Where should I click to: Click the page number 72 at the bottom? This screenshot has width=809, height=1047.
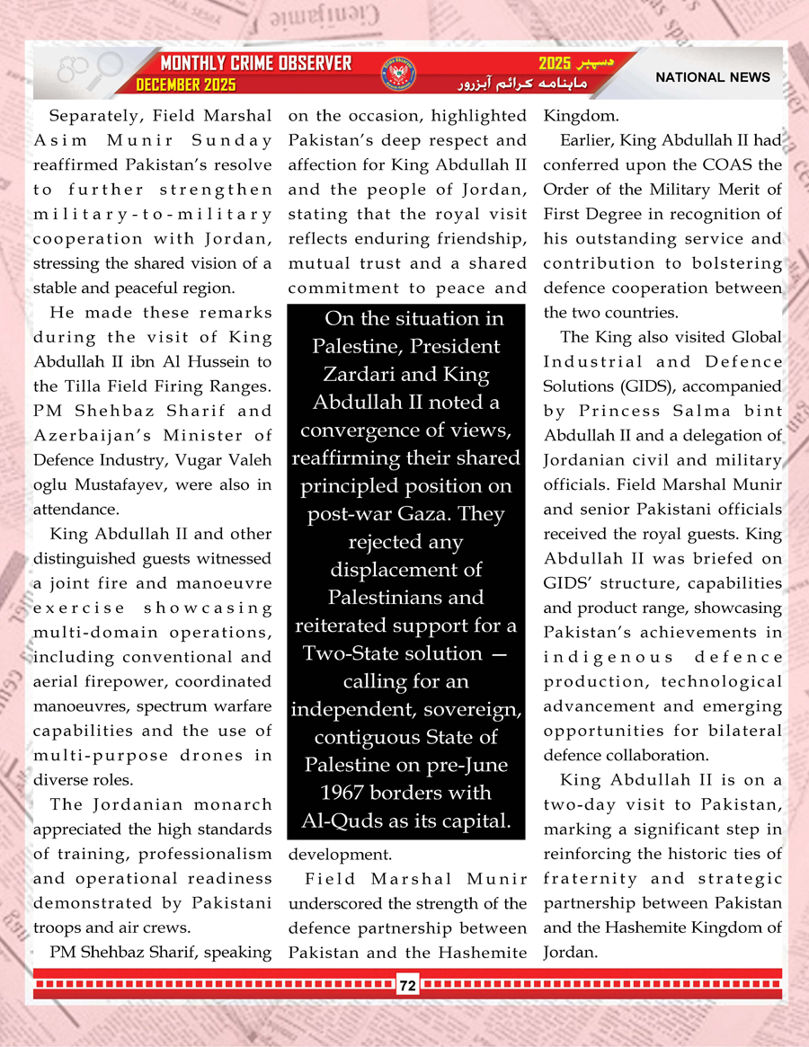[x=407, y=986]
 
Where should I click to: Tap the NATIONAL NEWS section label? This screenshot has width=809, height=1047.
[x=712, y=77]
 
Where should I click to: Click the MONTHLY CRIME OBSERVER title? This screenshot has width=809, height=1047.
[x=255, y=64]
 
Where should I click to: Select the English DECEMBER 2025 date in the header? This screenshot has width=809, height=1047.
[x=186, y=85]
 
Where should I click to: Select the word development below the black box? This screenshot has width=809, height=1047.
[x=332, y=854]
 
